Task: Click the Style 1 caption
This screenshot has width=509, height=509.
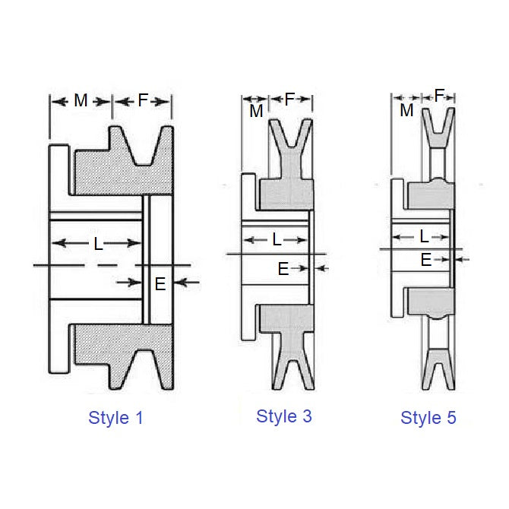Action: (116, 417)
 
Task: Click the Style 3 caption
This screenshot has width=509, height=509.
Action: (284, 416)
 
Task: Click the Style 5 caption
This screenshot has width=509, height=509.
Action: (428, 417)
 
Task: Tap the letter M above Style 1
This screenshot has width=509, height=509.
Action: (81, 100)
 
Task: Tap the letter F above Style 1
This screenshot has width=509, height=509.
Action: (143, 100)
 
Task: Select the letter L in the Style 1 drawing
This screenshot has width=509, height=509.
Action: (98, 244)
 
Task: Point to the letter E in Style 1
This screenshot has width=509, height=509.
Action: (160, 283)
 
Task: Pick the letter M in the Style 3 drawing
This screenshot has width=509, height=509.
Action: (256, 112)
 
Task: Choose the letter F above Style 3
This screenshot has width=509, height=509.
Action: (289, 100)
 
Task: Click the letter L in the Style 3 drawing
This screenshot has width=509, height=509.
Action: (277, 240)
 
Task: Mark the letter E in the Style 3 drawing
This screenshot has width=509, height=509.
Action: (283, 268)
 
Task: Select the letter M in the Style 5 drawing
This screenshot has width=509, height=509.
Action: (406, 110)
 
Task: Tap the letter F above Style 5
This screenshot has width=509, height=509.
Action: (439, 96)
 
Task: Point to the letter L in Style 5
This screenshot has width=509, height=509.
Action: (423, 236)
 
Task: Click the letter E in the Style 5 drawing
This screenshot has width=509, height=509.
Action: (426, 259)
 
